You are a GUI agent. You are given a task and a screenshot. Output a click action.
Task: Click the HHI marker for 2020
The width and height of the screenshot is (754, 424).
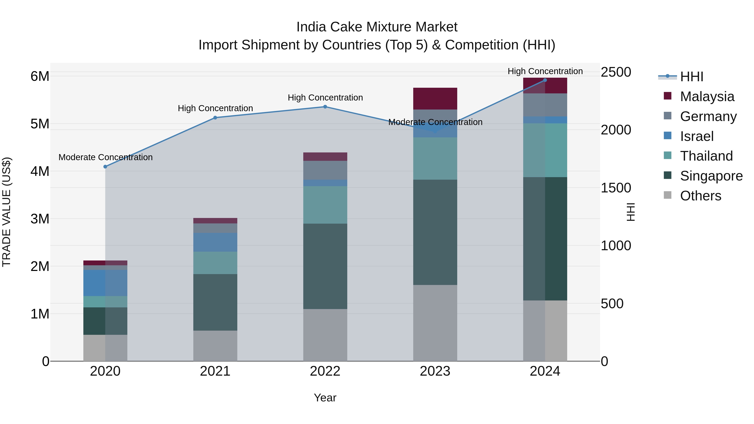105,167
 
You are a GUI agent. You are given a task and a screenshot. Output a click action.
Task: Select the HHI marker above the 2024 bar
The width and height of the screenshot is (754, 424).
545,80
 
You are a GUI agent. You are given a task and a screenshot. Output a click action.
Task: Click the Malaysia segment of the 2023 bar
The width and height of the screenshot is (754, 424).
435,99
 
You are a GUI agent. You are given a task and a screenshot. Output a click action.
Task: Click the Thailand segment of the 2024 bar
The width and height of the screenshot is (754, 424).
545,150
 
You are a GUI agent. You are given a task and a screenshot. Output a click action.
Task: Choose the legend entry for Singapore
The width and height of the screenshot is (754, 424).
711,176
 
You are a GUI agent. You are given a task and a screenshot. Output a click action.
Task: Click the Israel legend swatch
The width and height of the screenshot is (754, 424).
668,136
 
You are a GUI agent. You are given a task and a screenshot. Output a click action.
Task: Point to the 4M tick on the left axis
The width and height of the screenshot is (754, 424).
40,171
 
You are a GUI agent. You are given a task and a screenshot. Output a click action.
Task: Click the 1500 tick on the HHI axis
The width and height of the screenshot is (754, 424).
616,188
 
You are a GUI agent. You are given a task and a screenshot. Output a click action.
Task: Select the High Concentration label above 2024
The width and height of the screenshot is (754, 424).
545,71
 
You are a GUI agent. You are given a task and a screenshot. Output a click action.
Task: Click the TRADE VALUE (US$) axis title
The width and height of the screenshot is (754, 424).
6,212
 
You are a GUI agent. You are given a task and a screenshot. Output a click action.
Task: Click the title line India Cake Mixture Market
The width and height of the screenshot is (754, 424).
377,27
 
